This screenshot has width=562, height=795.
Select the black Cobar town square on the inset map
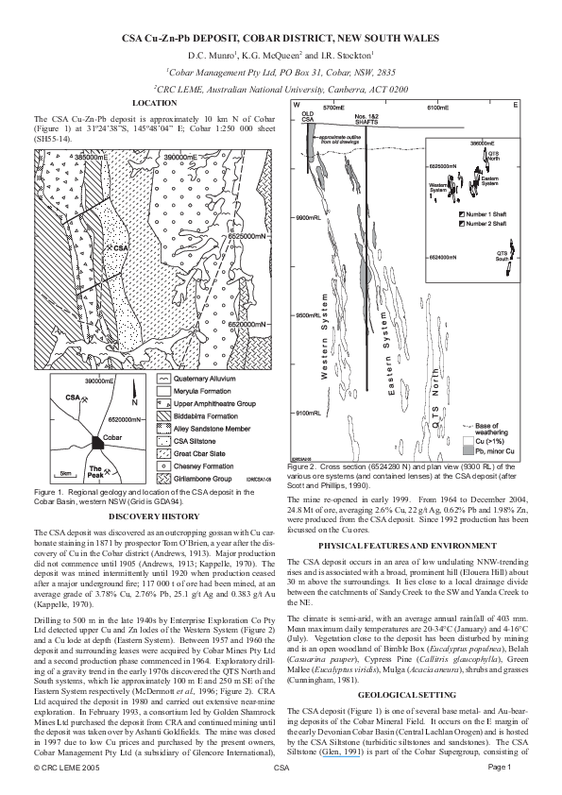pyautogui.click(x=99, y=441)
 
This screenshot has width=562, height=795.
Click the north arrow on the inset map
pyautogui.click(x=135, y=399)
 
